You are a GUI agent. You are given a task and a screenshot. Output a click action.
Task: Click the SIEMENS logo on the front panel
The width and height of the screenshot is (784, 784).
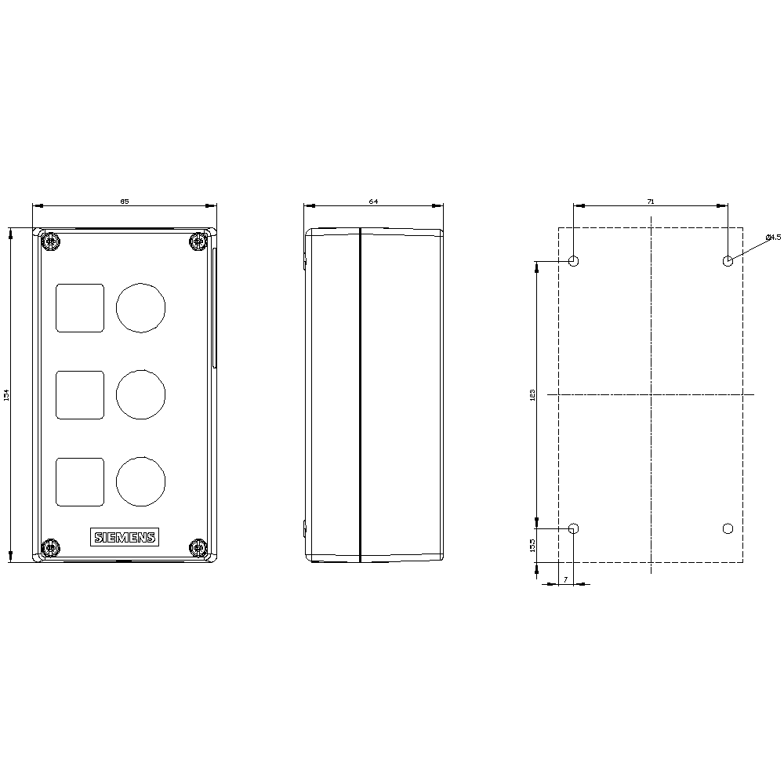125,537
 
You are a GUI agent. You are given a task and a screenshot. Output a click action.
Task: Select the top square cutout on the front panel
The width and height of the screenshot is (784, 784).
80,307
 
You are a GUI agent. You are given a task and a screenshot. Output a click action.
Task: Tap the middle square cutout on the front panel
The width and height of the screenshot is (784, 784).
80,394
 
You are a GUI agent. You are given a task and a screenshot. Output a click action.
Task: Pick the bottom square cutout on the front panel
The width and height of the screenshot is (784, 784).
80,481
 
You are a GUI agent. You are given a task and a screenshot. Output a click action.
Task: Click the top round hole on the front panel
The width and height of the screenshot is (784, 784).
141,307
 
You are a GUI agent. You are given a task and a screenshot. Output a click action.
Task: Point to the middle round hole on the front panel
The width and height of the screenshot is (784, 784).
141,394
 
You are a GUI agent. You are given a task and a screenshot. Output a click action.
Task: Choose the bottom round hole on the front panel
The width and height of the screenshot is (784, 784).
141,481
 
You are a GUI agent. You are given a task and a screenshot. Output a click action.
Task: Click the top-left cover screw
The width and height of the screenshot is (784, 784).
51,241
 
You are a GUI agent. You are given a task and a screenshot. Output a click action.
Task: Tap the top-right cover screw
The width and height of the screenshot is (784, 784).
198,241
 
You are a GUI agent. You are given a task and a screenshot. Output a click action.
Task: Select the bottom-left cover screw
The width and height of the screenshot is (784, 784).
51,547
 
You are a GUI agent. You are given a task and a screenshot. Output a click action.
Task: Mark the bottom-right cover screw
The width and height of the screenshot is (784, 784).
198,547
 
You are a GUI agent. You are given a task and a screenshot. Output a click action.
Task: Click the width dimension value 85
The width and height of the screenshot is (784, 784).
124,201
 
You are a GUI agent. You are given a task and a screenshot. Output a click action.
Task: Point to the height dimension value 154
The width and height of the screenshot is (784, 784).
6,395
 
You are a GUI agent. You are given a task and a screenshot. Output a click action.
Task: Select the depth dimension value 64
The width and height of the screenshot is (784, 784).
373,201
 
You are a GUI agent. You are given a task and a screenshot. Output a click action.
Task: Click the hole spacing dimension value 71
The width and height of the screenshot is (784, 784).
651,201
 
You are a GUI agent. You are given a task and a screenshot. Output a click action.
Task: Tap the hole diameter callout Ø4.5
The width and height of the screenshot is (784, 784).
772,237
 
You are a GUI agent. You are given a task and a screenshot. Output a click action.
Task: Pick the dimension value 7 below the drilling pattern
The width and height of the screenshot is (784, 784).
565,579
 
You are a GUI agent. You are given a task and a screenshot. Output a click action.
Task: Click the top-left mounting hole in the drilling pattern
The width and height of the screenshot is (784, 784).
574,261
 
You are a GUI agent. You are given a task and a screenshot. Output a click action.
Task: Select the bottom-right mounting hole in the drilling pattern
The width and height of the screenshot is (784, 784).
728,528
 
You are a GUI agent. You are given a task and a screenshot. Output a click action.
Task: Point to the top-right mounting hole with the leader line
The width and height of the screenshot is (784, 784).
728,261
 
